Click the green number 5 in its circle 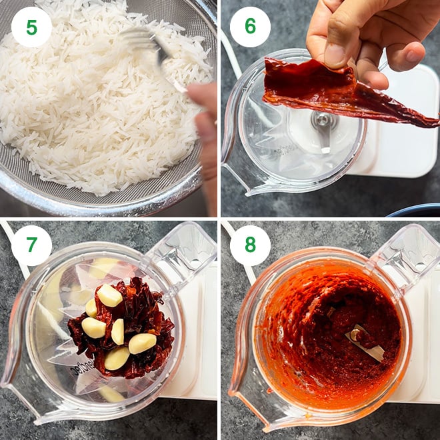[31, 27]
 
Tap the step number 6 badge [250, 27]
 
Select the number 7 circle [31, 245]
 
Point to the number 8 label [250, 245]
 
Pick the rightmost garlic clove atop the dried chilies [142, 343]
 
